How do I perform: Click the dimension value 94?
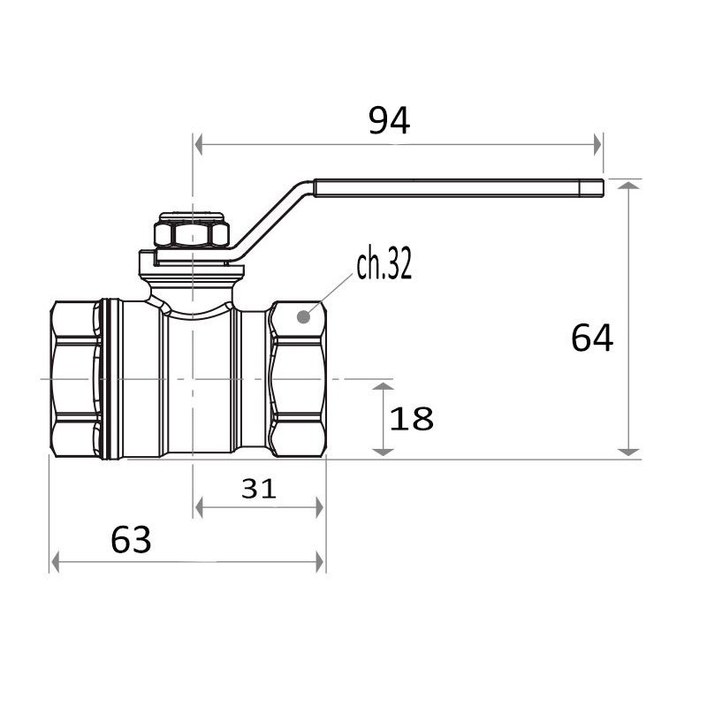(389, 120)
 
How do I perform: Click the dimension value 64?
(592, 338)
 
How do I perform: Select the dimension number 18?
(411, 418)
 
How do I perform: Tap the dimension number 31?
(258, 489)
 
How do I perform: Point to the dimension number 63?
(131, 540)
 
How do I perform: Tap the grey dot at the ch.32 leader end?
(304, 317)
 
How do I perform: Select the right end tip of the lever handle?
(603, 188)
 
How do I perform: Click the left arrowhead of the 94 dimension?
(198, 144)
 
